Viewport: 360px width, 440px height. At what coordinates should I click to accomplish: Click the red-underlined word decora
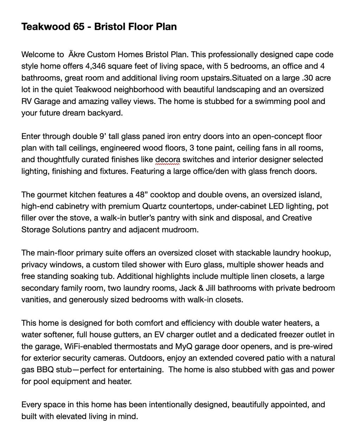(168, 160)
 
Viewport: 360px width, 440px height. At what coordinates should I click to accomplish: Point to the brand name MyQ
(182, 346)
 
